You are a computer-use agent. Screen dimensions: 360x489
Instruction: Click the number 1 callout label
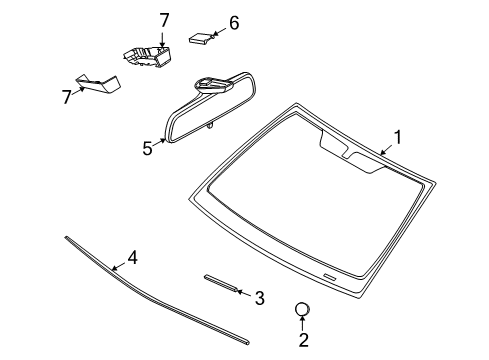point(397,137)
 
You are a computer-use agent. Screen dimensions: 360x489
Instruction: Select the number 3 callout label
point(258,297)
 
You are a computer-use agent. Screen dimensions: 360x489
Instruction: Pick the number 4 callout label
point(131,257)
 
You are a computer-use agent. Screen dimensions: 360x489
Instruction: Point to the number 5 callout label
point(147,147)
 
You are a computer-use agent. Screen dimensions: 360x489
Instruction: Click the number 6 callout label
point(233,22)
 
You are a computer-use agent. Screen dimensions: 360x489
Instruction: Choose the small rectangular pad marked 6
point(200,39)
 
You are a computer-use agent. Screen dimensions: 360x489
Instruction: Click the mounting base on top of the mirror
point(211,84)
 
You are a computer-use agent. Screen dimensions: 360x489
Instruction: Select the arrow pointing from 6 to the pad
point(219,32)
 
